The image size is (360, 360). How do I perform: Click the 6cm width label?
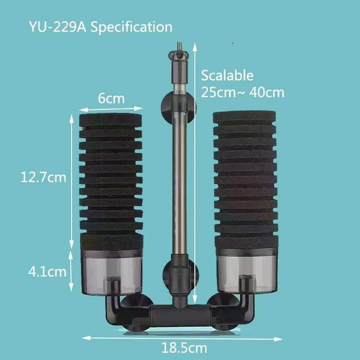click(x=111, y=98)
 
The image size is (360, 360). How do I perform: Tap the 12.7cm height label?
click(x=43, y=177)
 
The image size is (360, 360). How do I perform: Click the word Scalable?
click(x=227, y=75)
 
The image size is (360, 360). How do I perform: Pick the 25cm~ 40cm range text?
click(x=243, y=92)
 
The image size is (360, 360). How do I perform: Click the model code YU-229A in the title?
click(x=57, y=27)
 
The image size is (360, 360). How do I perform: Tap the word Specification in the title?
click(x=131, y=27)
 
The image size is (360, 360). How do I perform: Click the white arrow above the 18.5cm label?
click(x=182, y=337)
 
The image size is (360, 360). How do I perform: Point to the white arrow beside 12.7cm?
click(x=71, y=180)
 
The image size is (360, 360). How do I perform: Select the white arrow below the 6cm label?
click(x=111, y=108)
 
